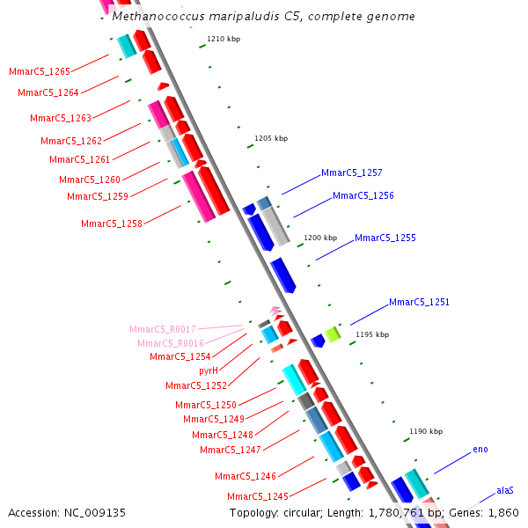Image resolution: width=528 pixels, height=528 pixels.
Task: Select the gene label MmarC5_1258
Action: [112, 224]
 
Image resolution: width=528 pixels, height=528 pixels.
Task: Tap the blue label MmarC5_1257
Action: [351, 172]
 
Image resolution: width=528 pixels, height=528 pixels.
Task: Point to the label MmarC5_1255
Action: [385, 238]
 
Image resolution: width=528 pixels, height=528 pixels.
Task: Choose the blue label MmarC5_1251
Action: [419, 302]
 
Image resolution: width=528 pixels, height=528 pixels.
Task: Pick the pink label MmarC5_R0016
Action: [171, 343]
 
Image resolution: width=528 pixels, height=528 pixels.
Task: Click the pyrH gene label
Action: [209, 370]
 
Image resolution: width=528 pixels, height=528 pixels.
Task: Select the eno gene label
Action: [480, 450]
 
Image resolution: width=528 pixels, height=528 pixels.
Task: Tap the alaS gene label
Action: [504, 490]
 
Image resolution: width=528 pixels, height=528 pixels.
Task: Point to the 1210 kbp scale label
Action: [224, 39]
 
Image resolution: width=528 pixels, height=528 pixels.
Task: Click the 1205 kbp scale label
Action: [271, 138]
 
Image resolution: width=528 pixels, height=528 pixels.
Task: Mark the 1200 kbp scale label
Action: [320, 238]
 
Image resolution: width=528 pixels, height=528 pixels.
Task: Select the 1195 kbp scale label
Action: [371, 334]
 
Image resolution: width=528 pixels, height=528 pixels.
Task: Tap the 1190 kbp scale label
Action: [426, 431]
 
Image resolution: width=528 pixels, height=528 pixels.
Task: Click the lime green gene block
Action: [333, 334]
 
